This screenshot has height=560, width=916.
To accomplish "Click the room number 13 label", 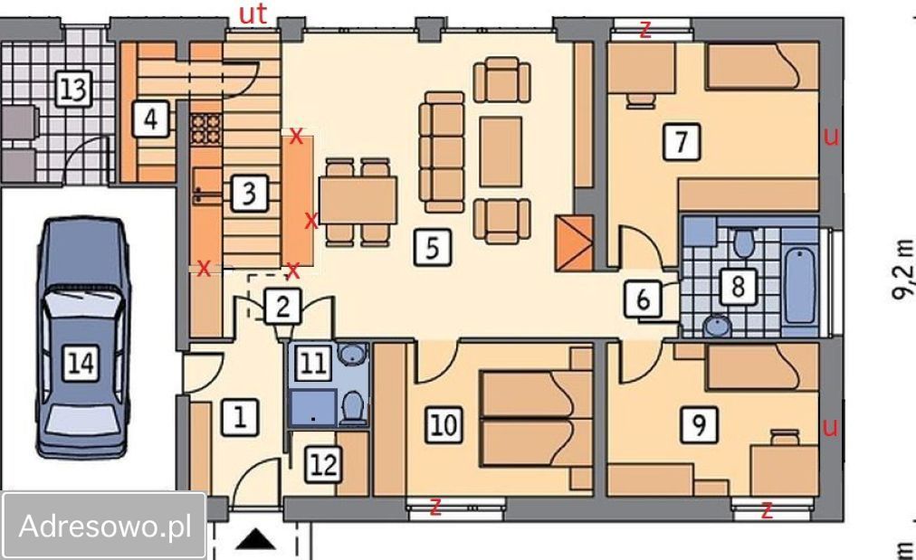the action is pos(74,90).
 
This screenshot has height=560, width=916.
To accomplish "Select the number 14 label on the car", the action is pos(81,363).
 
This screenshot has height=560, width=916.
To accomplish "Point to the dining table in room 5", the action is pos(358,200).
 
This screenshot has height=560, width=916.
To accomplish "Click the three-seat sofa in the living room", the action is pos(443,152).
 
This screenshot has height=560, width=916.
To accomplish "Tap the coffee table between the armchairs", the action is pos(501,152).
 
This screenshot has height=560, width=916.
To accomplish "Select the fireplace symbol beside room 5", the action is pos(574,243).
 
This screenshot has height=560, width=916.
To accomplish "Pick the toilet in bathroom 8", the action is pos(744,242).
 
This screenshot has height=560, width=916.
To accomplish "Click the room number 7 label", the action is pos(682,141).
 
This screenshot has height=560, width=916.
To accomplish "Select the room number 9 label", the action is pos(699,424).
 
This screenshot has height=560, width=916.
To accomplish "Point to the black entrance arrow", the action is pos(256,539).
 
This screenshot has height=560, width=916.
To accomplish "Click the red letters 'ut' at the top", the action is pos(253,14).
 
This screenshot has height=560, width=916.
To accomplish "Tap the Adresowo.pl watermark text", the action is pos(105,526).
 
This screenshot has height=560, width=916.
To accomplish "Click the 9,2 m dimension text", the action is pos(902,270).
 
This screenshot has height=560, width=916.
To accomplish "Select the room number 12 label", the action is pos(323,465).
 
